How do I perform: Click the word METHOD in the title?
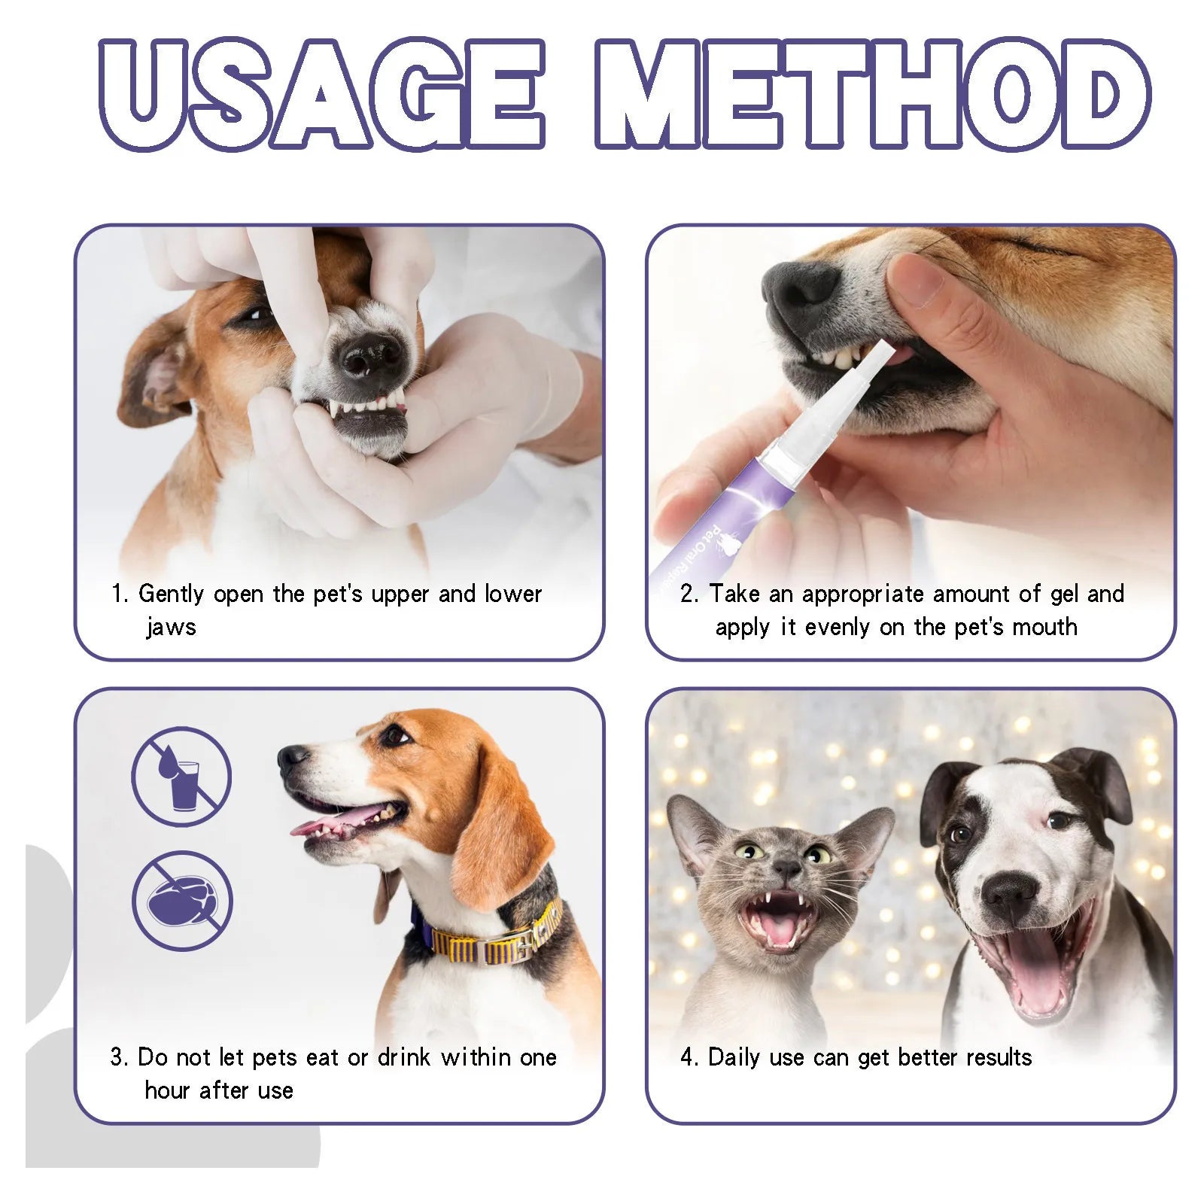coord(873,94)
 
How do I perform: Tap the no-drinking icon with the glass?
coord(181,776)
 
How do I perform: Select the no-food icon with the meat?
coord(181,901)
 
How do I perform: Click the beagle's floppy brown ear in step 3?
coord(497,835)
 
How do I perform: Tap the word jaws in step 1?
coord(171,627)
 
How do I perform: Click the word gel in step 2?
coord(1064,594)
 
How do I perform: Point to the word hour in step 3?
coord(167,1090)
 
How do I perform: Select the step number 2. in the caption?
coord(689,594)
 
